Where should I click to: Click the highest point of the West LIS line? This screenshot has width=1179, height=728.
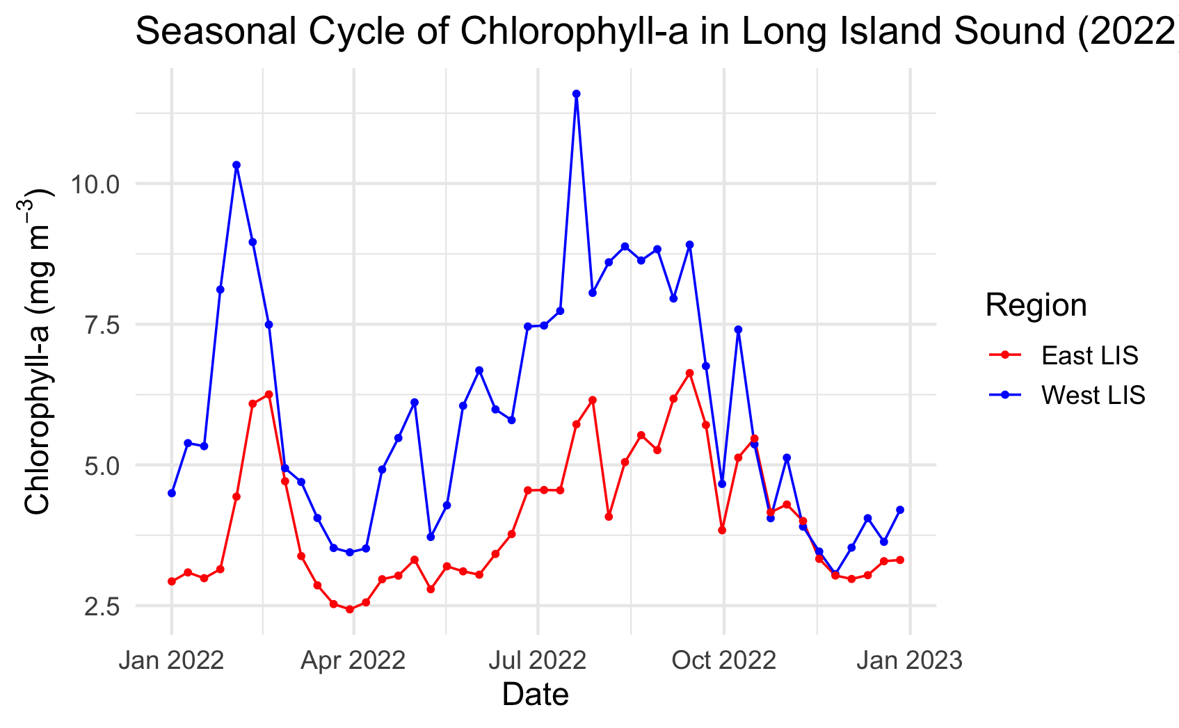click(x=576, y=94)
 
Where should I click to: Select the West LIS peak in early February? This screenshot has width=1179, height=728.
click(x=236, y=165)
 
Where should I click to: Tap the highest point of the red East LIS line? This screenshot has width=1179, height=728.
click(x=689, y=373)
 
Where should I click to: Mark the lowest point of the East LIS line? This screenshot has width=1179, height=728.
click(x=349, y=609)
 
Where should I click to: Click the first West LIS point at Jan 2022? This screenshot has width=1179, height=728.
click(x=172, y=493)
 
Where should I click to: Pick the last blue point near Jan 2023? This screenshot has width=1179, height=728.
click(x=900, y=510)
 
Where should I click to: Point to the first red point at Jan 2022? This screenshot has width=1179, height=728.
click(x=172, y=581)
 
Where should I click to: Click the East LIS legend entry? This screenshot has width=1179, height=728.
click(x=1089, y=355)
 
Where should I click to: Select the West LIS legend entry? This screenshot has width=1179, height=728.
click(x=1093, y=395)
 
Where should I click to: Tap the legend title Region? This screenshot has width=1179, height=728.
click(x=1036, y=305)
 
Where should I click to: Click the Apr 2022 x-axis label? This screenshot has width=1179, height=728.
click(x=353, y=660)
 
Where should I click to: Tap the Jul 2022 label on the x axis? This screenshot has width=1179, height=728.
click(x=537, y=660)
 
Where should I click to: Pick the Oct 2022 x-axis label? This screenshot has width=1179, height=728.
click(x=723, y=660)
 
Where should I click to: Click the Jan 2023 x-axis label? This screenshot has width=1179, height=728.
click(x=909, y=660)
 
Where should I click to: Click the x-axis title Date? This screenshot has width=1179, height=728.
click(x=536, y=695)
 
